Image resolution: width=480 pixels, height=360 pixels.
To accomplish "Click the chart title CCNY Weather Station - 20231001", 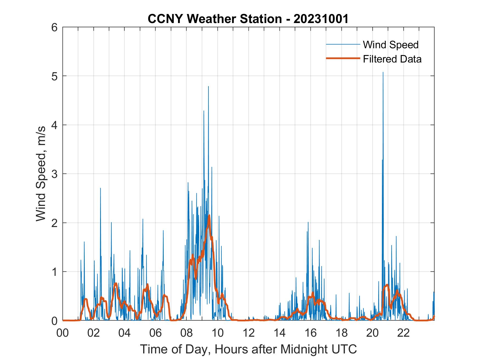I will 248,19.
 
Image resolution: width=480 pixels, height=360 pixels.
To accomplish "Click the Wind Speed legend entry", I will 391,45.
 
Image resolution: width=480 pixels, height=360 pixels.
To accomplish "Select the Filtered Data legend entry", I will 392,59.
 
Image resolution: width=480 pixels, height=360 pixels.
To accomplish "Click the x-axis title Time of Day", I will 249,349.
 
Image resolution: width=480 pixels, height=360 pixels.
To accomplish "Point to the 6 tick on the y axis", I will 56,27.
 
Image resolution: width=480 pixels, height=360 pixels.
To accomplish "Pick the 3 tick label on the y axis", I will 56,174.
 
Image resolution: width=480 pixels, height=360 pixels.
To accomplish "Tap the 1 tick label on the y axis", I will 56,272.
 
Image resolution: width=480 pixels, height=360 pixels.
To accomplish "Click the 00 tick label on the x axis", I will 63,333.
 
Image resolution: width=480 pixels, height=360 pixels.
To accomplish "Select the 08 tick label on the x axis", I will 187,333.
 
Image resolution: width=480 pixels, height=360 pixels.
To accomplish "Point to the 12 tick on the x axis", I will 249,333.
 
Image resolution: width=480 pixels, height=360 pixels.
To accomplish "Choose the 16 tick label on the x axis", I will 311,333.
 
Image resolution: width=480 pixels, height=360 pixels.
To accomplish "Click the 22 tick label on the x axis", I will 403,333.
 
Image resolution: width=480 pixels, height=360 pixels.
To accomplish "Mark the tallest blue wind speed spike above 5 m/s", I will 383,73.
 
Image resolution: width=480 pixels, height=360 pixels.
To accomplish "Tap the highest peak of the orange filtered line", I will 209,216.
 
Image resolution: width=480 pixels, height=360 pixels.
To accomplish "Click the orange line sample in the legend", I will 343,58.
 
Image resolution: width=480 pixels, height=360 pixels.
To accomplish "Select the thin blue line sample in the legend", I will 343,44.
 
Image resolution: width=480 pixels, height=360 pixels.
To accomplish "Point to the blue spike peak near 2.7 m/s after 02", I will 100,188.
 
